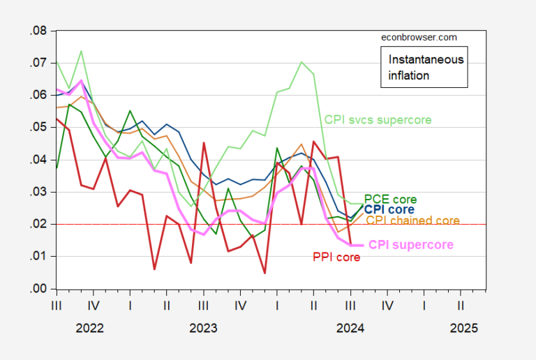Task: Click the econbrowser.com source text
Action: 419,38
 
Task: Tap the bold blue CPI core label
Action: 389,209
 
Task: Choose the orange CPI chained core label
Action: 412,220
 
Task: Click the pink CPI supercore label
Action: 410,244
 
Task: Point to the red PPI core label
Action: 336,257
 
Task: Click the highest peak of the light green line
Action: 81,51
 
